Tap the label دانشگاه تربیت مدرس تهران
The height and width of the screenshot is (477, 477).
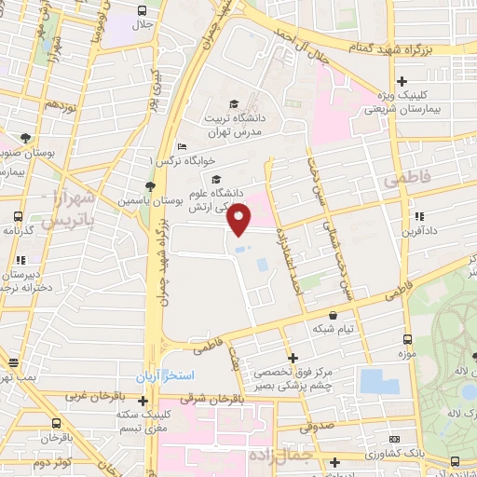click(x=232, y=125)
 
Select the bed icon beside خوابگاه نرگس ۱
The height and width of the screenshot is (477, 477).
click(x=183, y=147)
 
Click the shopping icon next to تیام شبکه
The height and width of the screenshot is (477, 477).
click(x=334, y=315)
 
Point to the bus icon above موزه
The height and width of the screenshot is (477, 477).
click(x=406, y=340)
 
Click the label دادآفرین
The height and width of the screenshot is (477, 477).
click(x=421, y=230)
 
